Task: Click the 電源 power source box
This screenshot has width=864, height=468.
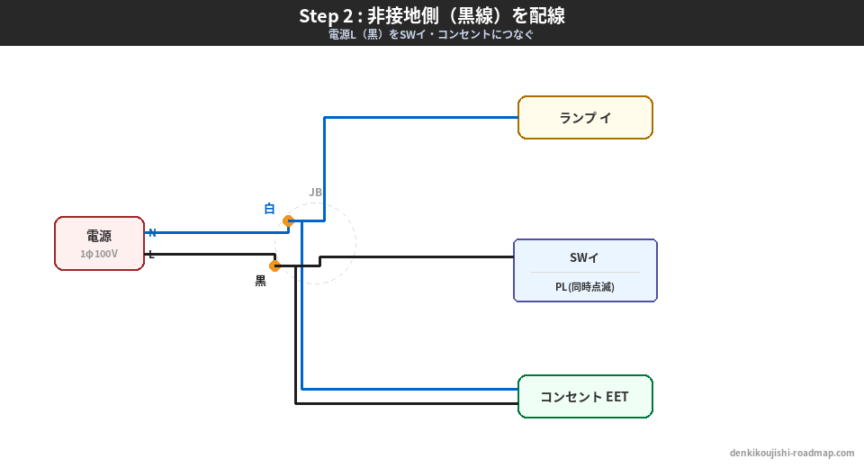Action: pos(99,243)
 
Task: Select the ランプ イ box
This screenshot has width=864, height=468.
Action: pos(585,118)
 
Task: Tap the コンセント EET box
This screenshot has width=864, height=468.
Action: pos(585,397)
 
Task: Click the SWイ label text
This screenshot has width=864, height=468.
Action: pos(585,257)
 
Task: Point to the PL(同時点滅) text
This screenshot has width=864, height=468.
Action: pos(585,286)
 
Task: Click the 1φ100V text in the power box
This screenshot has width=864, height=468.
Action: pos(99,254)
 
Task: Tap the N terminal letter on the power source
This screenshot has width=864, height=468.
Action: pos(152,232)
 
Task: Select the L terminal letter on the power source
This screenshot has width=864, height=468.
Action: pos(151,255)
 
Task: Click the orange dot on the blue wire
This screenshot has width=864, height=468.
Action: pos(288,220)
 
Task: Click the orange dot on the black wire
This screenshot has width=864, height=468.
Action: pos(275,265)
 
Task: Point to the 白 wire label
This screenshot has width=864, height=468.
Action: pos(269,209)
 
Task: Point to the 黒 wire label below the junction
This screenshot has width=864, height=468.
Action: pos(260,281)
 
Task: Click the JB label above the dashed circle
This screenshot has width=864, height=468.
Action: pos(315,192)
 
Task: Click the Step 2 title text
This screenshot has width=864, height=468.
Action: pos(432,16)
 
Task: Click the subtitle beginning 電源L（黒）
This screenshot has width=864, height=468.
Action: pos(432,35)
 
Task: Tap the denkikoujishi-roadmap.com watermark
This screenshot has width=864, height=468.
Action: pos(792,454)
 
